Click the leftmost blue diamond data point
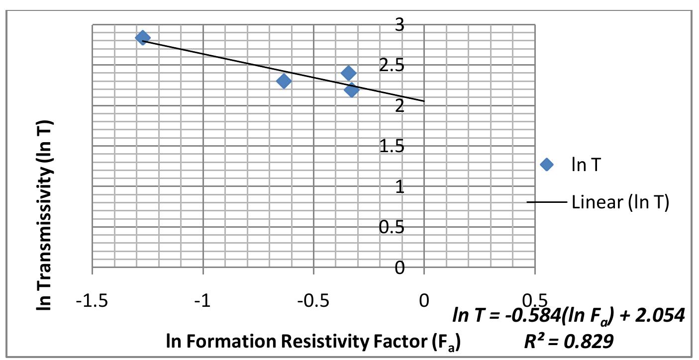point(142,38)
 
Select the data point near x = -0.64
point(284,81)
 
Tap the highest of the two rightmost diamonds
point(348,73)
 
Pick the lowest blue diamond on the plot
point(351,90)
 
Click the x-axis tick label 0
point(424,301)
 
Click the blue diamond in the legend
point(546,165)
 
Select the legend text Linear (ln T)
point(620,202)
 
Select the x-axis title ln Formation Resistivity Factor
point(313,342)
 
